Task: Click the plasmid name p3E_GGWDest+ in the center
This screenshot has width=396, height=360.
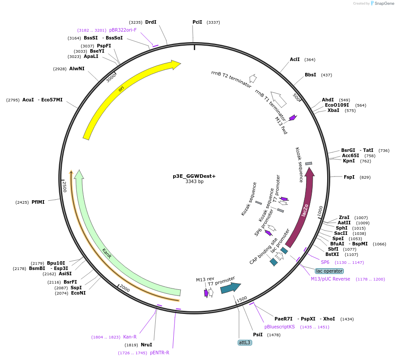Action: (x=194, y=176)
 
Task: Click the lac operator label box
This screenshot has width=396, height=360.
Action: (x=329, y=271)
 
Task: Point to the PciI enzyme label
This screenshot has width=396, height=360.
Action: (x=197, y=22)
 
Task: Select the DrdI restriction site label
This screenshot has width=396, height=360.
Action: (x=150, y=22)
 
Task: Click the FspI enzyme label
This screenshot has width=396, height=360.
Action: (x=349, y=177)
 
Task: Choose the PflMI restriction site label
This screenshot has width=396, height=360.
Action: (x=38, y=202)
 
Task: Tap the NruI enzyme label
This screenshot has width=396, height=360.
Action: (x=146, y=345)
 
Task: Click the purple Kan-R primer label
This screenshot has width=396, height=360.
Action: (x=130, y=337)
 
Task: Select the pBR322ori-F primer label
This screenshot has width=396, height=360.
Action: (x=123, y=30)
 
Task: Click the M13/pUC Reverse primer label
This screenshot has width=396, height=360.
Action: (x=330, y=279)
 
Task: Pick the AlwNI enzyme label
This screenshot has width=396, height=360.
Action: (x=77, y=68)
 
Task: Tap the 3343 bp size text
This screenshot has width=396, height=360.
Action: (x=194, y=182)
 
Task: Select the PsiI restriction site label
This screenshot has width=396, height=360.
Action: (x=258, y=335)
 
